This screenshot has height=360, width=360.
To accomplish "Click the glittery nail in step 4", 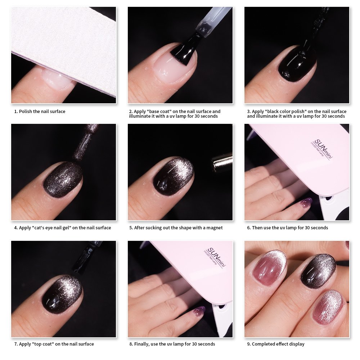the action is [63, 179].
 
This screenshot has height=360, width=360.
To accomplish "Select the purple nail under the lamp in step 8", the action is [199, 311].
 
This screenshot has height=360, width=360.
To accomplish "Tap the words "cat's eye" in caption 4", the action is [43, 228].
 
